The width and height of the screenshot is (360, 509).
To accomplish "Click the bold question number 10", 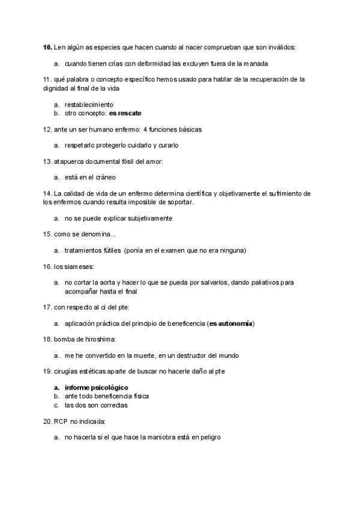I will (47, 47).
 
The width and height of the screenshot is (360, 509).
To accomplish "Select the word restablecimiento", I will (88, 104).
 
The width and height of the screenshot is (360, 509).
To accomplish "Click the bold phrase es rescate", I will (125, 113).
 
